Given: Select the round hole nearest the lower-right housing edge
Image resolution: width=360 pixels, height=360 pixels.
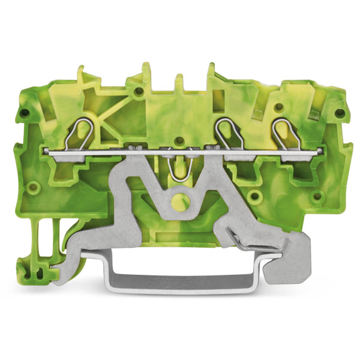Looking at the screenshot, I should (x=256, y=196).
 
